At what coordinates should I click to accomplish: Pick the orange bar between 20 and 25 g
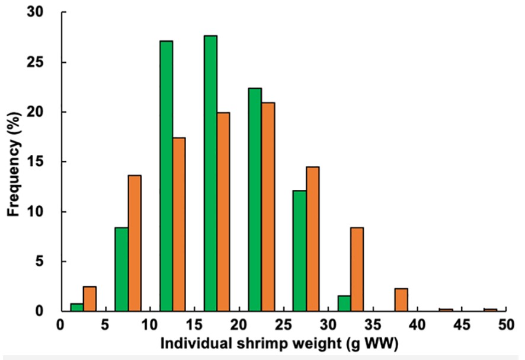pos(268,207)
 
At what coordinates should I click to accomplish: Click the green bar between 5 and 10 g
pos(121,269)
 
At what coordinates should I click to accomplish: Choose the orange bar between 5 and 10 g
pos(135,243)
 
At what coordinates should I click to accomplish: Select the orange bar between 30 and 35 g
pos(357,269)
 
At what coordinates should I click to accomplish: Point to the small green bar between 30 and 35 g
pos(344,303)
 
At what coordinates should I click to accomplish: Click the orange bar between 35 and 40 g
pos(401,300)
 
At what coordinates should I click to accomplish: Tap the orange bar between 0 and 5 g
pos(89,299)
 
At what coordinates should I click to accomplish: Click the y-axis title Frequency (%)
pos(14,161)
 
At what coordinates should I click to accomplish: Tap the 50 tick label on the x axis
pos(505,326)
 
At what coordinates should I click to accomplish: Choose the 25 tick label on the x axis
pos(282,326)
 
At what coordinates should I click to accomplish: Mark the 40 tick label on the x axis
pos(417,326)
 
